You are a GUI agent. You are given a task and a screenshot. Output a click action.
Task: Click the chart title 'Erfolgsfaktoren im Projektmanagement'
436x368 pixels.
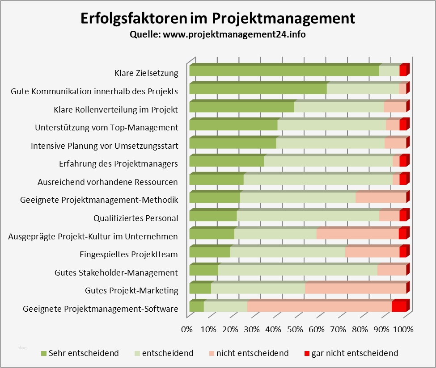coord(218,19)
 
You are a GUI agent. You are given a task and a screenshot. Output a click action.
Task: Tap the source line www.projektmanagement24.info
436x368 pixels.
coord(218,34)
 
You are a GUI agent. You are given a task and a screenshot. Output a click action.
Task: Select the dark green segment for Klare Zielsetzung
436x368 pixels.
coord(284,71)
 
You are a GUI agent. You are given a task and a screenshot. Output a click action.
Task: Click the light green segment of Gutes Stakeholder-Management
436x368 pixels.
coord(297,270)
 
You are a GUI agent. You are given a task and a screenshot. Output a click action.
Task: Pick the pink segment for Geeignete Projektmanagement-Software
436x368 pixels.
coord(319,306)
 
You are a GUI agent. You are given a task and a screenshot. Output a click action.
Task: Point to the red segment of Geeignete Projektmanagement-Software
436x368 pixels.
coord(399,306)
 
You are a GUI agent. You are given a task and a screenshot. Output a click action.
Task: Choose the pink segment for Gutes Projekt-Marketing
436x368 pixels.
coord(356,288)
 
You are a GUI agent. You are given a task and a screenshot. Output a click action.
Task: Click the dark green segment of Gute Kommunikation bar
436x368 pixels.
coord(258,89)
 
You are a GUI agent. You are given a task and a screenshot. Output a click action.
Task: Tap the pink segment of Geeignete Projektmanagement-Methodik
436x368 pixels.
coord(381,197)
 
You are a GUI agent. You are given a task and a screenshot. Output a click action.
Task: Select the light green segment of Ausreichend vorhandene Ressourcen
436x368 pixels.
coord(318,179)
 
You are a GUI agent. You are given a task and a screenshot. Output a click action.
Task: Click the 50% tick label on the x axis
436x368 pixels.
coord(295,330)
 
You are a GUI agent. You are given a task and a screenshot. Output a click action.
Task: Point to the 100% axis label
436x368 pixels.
coord(403,330)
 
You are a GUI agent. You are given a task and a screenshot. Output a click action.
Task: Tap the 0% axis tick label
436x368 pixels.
coord(186,330)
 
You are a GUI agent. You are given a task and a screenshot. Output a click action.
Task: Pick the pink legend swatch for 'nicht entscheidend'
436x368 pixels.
coord(212,354)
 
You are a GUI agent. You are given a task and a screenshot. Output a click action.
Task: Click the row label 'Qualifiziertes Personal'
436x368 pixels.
coord(136,218)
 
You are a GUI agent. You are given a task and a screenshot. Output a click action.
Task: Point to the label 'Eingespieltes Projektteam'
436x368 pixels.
coord(129,255)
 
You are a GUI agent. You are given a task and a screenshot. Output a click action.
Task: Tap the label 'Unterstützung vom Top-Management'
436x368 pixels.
coord(106,128)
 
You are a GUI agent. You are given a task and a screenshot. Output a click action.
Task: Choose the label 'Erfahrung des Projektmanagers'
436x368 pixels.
coord(119,164)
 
